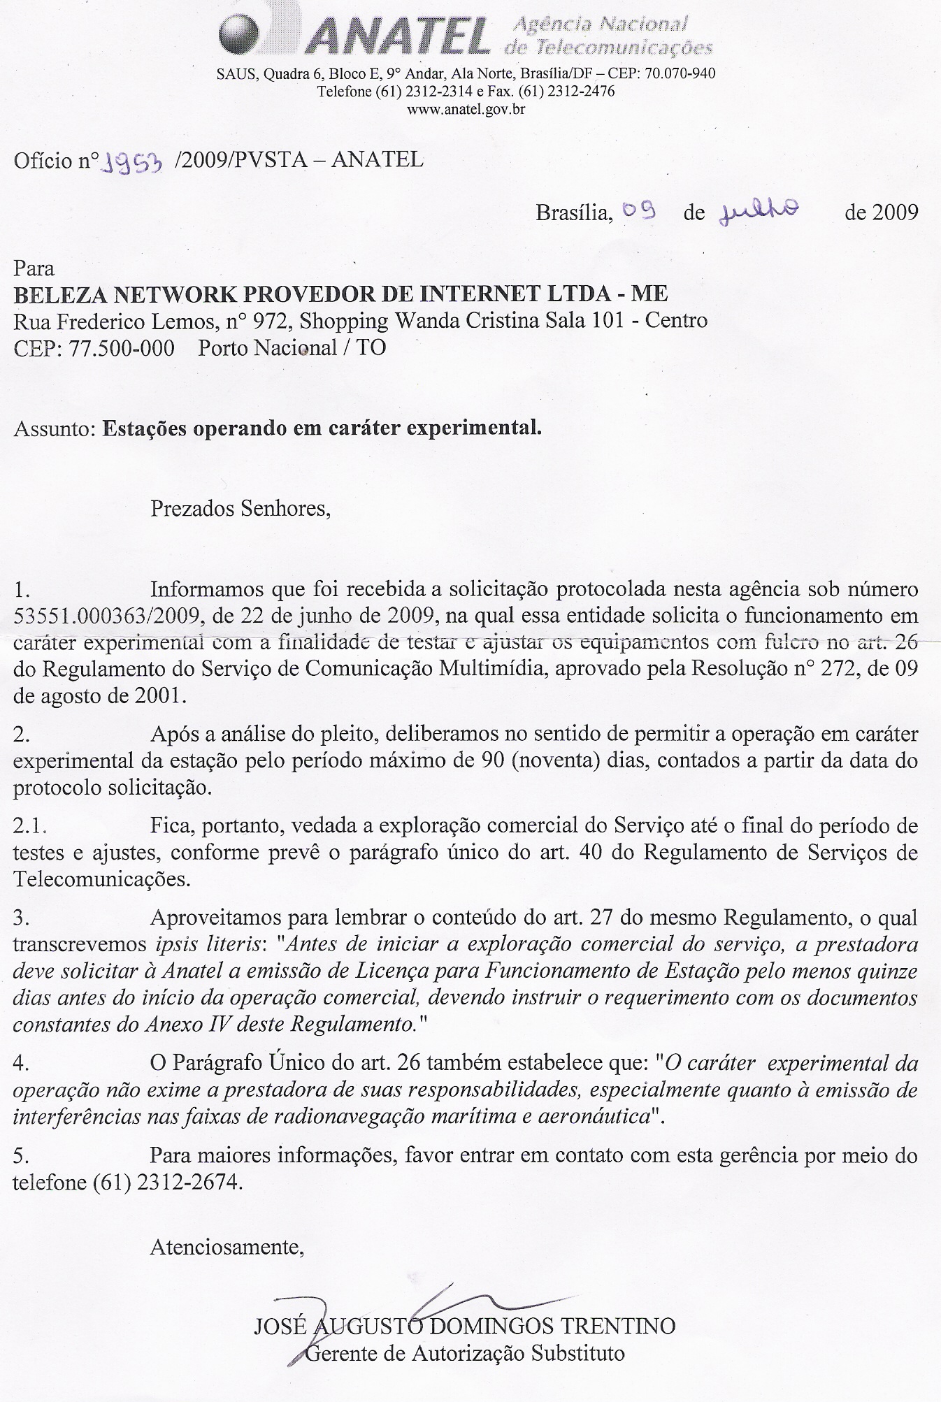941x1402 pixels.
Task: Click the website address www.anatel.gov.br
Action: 466,109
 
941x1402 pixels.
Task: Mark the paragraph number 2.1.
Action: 30,826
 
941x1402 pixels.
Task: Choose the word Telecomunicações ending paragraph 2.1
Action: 101,879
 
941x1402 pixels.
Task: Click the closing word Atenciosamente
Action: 227,1247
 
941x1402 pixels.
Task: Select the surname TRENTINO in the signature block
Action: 623,1325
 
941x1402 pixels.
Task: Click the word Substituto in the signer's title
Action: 578,1353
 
